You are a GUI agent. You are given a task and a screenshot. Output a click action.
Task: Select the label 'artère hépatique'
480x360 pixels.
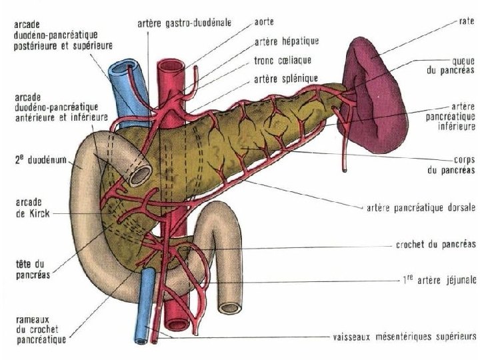tap(287, 41)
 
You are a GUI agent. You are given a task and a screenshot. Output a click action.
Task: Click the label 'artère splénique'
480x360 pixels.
tap(286, 79)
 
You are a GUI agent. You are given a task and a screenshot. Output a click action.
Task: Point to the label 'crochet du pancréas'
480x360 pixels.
tap(433, 245)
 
